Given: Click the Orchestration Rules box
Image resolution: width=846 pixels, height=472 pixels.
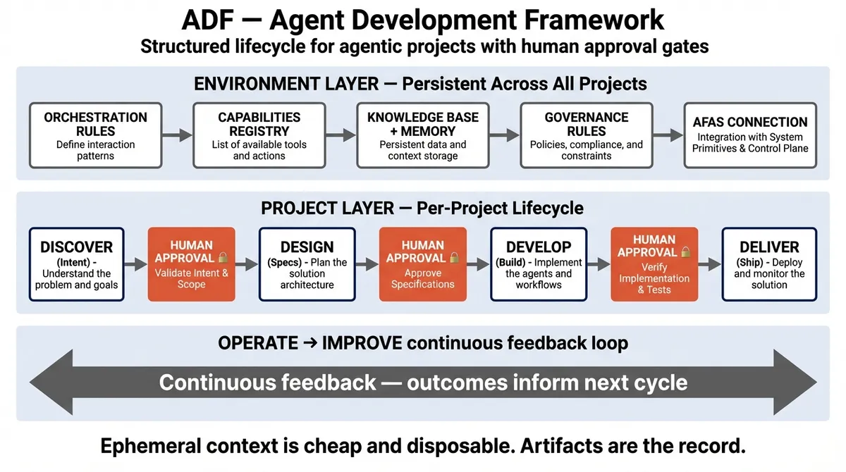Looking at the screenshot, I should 96,135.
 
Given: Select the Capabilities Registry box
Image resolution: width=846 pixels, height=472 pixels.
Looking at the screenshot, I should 259,135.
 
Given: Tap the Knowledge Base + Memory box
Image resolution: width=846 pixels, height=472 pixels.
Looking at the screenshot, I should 423,135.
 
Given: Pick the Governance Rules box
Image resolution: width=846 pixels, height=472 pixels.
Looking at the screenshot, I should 587,135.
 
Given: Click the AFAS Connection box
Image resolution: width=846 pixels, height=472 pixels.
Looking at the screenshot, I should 750,135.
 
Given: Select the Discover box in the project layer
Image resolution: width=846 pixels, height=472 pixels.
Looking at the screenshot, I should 77,264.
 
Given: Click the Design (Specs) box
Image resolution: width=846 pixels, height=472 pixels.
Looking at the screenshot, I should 307,264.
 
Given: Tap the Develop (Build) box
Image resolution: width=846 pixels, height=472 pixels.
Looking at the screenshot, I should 539,264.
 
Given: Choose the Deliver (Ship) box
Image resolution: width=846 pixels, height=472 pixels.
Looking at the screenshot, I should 769,264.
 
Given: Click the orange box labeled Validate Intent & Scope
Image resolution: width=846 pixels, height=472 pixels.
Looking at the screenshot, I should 192,264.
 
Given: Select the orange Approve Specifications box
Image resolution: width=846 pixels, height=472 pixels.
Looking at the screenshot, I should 423,264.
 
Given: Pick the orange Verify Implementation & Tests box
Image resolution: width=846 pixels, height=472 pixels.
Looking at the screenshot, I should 654,264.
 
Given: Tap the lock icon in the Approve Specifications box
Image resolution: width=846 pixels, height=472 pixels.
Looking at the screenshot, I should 454,257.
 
